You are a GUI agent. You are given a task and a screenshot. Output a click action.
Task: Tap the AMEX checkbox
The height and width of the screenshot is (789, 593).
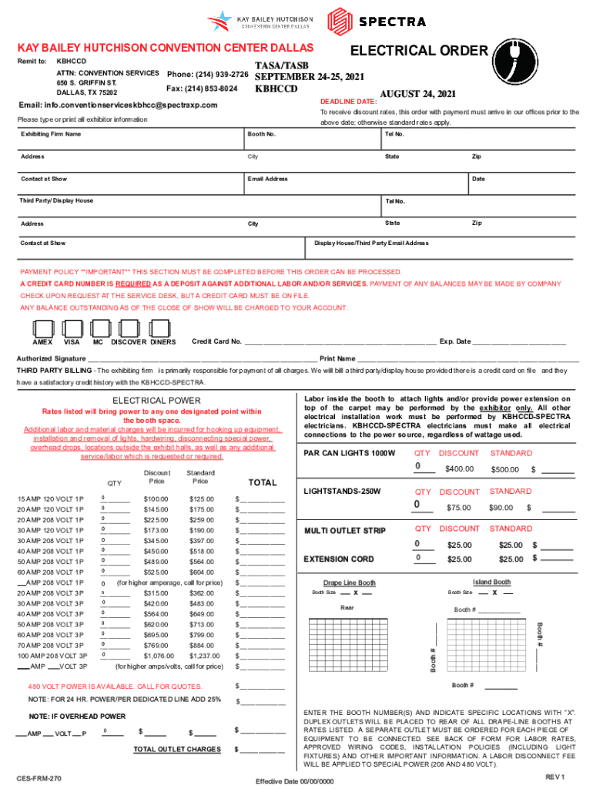(x=43, y=329)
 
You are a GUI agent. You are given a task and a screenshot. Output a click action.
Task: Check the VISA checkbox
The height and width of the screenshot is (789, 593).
(x=72, y=329)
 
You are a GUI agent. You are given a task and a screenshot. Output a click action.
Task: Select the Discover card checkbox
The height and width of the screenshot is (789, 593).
(x=127, y=329)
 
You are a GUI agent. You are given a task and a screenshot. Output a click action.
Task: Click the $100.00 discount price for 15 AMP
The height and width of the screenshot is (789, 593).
(x=156, y=499)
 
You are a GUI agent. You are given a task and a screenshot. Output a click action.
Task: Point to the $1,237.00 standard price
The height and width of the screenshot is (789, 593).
(x=202, y=655)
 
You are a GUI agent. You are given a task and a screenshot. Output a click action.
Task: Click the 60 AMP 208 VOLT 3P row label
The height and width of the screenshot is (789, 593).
(x=51, y=633)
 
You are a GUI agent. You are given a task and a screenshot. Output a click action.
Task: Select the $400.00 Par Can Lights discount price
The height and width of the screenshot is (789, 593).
(x=459, y=469)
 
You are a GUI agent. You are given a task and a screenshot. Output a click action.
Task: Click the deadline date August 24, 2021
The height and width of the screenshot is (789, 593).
(x=418, y=94)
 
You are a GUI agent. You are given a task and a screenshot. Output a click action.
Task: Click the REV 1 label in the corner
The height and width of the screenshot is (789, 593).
(x=555, y=775)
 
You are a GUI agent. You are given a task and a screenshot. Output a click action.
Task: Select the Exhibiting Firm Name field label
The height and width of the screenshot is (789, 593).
(x=51, y=134)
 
